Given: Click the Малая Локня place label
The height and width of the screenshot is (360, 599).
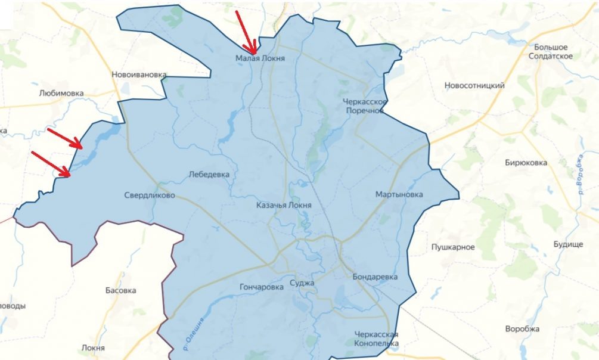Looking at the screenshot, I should pyautogui.click(x=260, y=59).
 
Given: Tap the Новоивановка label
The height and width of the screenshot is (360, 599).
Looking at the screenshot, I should pyautogui.click(x=139, y=75).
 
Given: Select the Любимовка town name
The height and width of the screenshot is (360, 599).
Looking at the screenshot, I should pyautogui.click(x=61, y=94).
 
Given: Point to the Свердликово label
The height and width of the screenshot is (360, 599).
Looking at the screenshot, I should pyautogui.click(x=150, y=195).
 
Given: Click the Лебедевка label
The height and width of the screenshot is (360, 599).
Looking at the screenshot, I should pyautogui.click(x=209, y=175).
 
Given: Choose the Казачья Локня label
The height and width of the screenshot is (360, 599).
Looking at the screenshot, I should pyautogui.click(x=283, y=205).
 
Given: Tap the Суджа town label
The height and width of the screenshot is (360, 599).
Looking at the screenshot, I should pyautogui.click(x=301, y=283).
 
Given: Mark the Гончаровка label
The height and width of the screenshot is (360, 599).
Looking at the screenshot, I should pyautogui.click(x=261, y=287).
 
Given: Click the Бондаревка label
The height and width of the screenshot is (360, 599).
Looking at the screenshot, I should pyautogui.click(x=375, y=277).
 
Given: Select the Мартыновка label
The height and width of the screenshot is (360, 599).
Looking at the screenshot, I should pyautogui.click(x=399, y=195).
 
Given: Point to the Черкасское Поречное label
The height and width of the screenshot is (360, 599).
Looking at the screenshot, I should pyautogui.click(x=365, y=106).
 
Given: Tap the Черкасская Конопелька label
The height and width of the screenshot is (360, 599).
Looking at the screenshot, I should pyautogui.click(x=375, y=339).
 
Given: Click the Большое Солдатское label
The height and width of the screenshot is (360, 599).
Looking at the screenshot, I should pyautogui.click(x=551, y=51).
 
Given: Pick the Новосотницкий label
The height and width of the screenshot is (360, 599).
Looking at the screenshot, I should pyautogui.click(x=474, y=86).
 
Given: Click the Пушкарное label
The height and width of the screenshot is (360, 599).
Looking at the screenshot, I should pyautogui.click(x=453, y=247).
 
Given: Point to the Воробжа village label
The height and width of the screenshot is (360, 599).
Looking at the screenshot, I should pyautogui.click(x=522, y=329).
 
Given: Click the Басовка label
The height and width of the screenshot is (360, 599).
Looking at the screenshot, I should pyautogui.click(x=120, y=291).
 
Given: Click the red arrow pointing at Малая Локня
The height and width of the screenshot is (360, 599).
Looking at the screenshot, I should pyautogui.click(x=246, y=33).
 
